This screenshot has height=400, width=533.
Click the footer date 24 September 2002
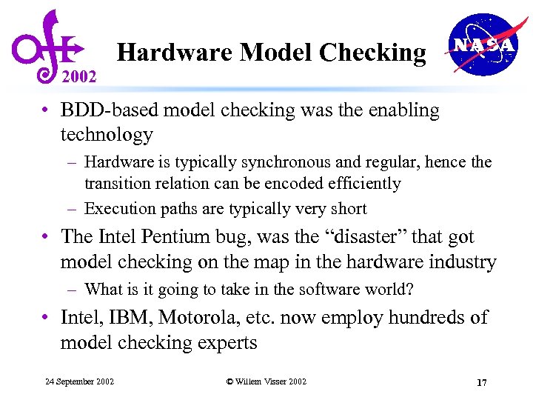pos(79,381)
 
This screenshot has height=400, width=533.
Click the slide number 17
pos(481,382)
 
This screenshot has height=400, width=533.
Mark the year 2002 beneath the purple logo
pos(78,76)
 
